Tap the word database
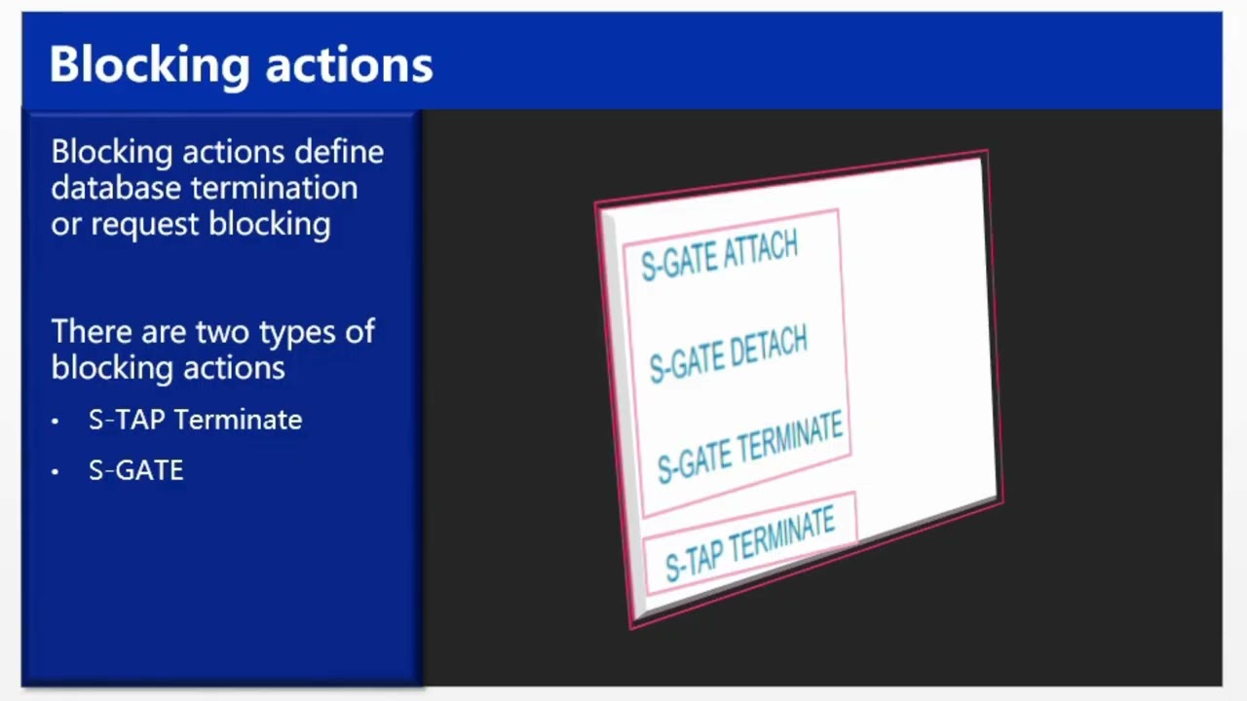tap(116, 188)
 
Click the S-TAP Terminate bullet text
tap(195, 420)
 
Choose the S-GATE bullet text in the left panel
tap(135, 471)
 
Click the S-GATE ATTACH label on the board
tap(719, 256)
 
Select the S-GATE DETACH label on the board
tap(728, 353)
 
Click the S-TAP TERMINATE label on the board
tap(749, 544)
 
